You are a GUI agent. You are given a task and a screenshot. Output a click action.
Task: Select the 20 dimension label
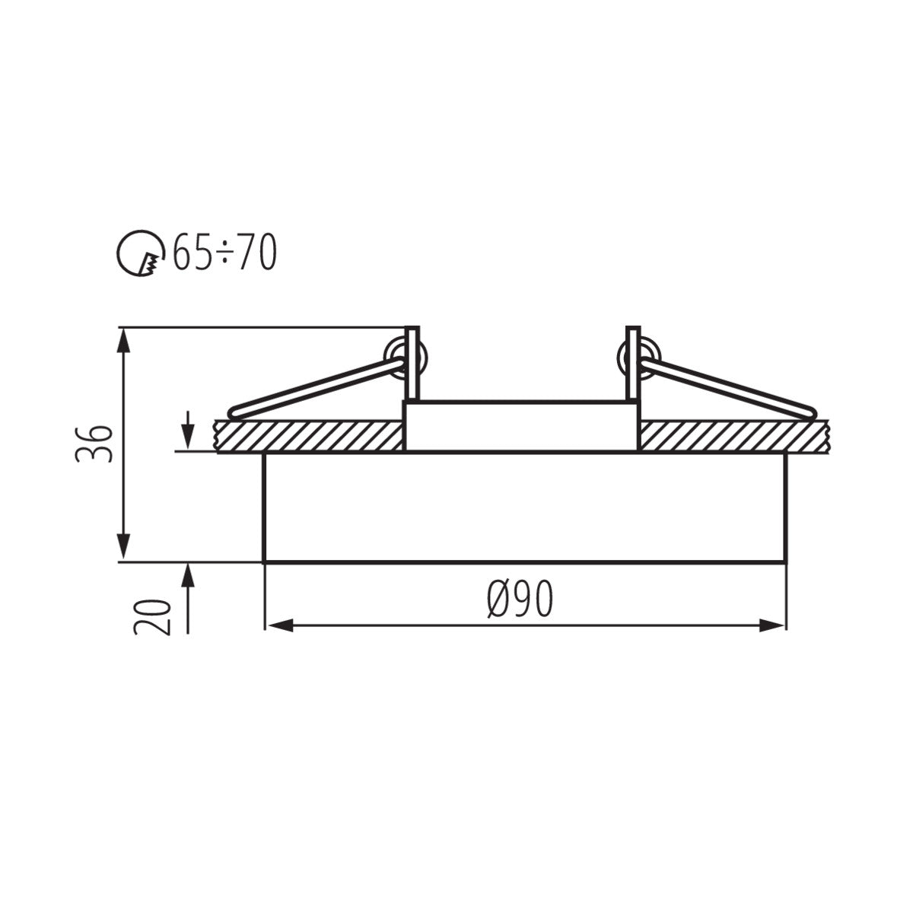[151, 616]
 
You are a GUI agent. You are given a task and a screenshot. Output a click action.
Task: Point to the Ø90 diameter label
[520, 601]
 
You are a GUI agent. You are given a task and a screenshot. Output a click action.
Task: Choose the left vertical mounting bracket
[412, 364]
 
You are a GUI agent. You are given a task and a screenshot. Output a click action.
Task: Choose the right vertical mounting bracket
[632, 364]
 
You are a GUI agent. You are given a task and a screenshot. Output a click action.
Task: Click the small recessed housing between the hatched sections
[522, 426]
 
